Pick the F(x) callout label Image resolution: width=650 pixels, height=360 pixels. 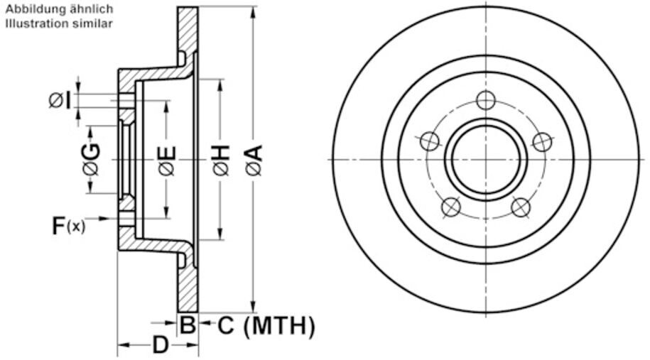coord(68,227)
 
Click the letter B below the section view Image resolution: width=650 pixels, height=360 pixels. coord(187,326)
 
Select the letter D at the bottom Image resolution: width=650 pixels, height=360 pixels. coord(161,346)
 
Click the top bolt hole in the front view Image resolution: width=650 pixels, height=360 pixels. coord(485,100)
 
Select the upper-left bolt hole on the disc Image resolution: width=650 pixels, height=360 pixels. coord(430,141)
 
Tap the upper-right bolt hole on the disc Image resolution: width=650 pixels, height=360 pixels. coord(542,141)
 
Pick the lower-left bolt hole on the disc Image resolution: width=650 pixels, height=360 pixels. coord(451,207)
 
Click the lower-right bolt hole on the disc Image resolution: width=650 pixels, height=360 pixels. coord(521,207)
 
